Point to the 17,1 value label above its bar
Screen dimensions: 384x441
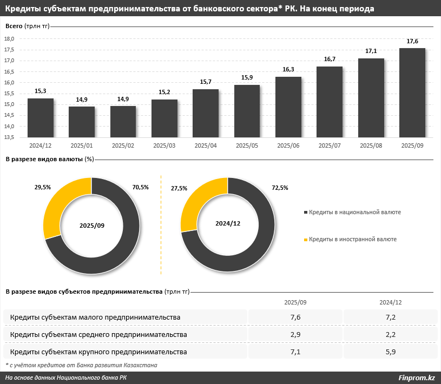point(371,51)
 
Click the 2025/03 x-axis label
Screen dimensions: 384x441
point(164,145)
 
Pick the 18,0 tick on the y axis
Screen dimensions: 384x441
point(9,38)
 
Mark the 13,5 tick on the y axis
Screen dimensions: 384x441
point(9,137)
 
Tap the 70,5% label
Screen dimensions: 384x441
point(140,187)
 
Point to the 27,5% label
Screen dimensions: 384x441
point(179,188)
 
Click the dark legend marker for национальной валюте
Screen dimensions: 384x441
point(306,213)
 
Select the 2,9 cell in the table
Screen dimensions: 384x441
point(295,335)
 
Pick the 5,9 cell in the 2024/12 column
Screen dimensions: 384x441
point(391,352)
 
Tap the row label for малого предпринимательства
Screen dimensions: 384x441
point(95,317)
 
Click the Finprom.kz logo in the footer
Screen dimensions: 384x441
point(416,378)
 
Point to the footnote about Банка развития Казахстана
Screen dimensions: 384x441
point(81,365)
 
